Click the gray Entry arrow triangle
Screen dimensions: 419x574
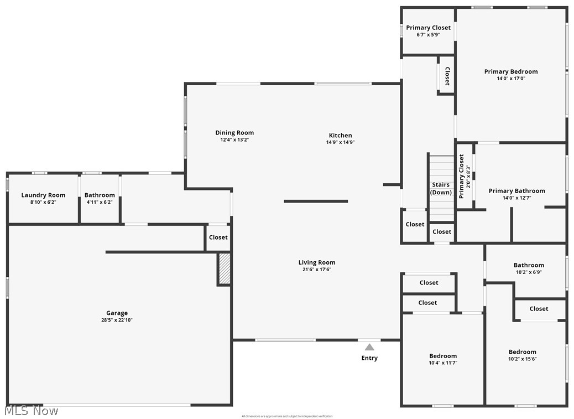[369, 347]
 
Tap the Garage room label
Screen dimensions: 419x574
[117, 313]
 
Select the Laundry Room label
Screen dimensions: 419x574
[43, 195]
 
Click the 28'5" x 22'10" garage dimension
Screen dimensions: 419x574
[117, 320]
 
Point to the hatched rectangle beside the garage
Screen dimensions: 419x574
[224, 269]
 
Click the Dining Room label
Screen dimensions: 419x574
[234, 133]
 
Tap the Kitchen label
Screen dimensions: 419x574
[340, 136]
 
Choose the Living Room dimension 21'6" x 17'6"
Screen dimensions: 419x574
[317, 270]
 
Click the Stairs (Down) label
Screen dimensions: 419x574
[441, 189]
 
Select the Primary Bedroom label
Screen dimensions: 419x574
[511, 71]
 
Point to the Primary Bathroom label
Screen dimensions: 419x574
[516, 191]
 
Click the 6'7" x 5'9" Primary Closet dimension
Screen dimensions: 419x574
[428, 34]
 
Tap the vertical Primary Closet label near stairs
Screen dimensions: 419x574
[462, 176]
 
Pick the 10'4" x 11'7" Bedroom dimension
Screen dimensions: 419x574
[443, 363]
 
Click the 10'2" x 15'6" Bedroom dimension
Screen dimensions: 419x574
[523, 359]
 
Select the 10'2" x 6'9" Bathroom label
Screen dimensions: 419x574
[529, 265]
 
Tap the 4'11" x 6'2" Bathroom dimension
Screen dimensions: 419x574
[100, 202]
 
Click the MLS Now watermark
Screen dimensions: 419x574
[30, 411]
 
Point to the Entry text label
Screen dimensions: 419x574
[369, 358]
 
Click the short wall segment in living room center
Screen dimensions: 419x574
[316, 201]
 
